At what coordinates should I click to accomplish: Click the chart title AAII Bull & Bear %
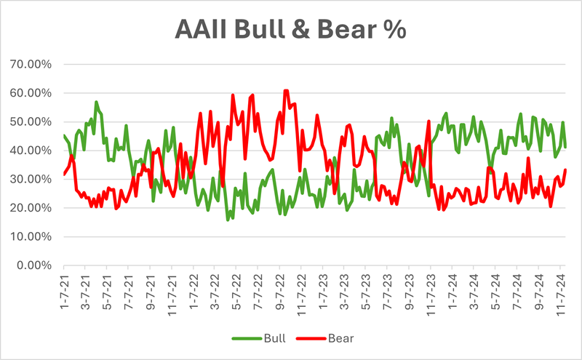click(291, 30)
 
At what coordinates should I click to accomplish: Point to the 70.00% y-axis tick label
click(31, 64)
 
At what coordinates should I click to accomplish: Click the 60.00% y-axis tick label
click(31, 93)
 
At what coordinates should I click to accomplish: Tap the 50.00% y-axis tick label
click(31, 121)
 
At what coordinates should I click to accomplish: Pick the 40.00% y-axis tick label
click(31, 151)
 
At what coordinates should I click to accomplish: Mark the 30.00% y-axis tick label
click(31, 179)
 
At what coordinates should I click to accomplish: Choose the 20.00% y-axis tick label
click(31, 208)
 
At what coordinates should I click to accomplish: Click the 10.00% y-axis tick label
click(31, 236)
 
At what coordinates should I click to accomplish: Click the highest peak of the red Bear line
click(286, 91)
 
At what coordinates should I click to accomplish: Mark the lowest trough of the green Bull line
click(228, 219)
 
